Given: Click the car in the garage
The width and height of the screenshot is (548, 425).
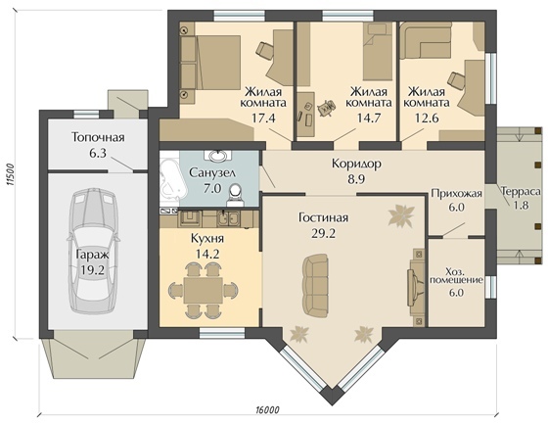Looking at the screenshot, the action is pos(93,251).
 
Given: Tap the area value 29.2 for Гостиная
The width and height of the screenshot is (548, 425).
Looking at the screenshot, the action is pos(323,233).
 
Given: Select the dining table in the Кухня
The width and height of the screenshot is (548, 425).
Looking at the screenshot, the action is pos(204,290).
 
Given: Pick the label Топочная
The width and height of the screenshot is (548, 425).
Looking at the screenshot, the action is pos(98,137).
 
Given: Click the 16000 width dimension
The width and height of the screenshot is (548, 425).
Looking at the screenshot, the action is pos(268,409).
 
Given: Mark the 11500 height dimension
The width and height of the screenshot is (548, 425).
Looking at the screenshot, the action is pos(10,174).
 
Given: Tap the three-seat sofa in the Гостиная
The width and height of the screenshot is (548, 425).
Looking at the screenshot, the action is pos(315,285).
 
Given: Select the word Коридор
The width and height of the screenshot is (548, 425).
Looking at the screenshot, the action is pos(356,164).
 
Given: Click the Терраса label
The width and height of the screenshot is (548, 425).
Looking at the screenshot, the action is pos(521,192).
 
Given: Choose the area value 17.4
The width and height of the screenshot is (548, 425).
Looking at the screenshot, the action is pos(263,118).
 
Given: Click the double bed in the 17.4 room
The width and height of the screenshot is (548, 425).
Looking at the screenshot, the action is pos(210,67).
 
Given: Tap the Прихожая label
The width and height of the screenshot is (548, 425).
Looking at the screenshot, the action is pos(456,194).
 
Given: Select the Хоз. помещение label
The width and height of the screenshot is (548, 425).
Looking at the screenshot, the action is pos(456,275).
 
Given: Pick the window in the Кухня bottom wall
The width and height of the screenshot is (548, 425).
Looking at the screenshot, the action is pos(222,333).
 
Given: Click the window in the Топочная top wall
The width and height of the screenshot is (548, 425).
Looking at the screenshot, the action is pos(87,115).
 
